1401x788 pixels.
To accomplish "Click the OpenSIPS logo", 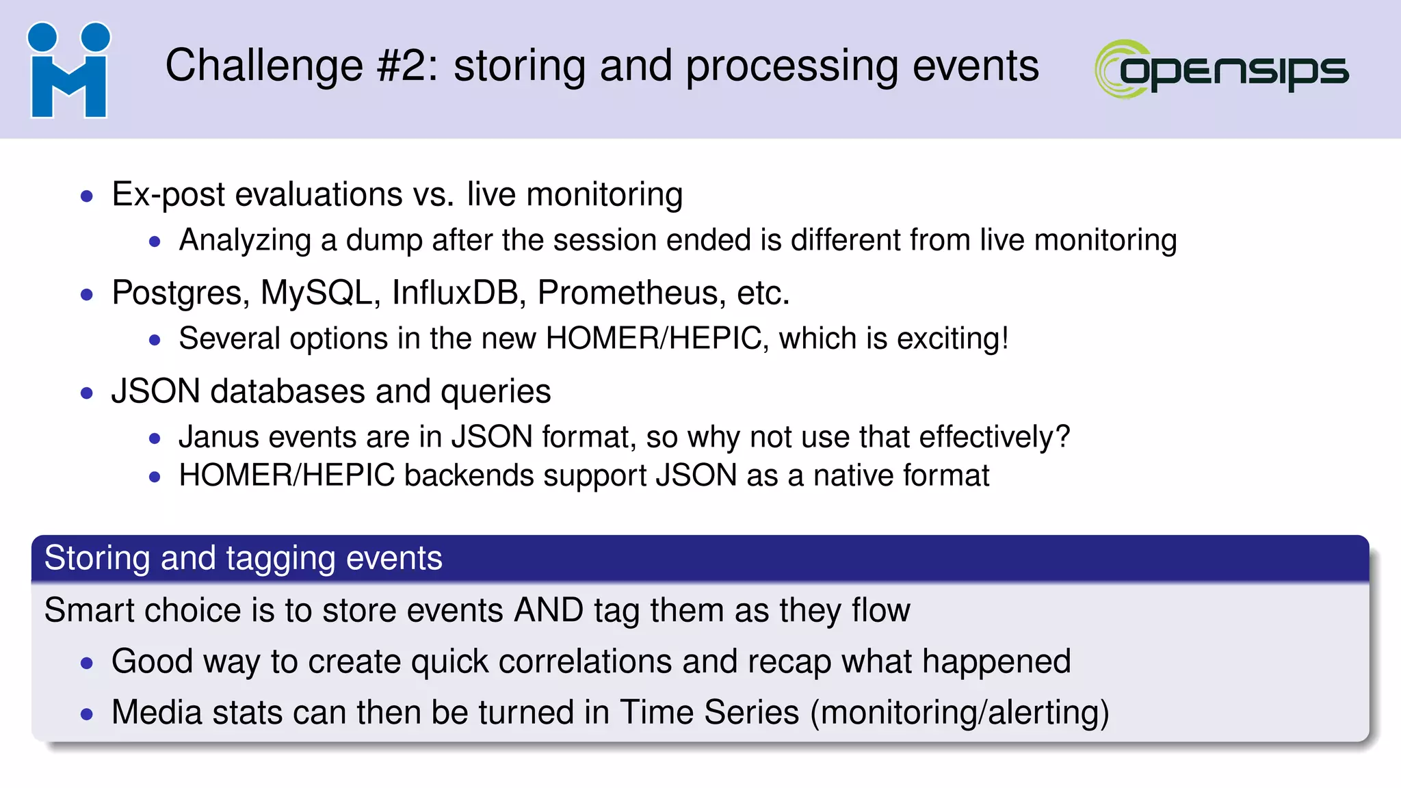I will click(1221, 69).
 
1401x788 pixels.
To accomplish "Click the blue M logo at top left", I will click(69, 70).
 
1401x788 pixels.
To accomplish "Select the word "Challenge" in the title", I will click(264, 66).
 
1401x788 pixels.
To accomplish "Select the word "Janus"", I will click(219, 437).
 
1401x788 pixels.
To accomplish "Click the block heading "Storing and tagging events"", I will click(244, 558).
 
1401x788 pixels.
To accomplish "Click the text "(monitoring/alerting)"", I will click(959, 713).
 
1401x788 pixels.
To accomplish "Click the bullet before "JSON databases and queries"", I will click(87, 393).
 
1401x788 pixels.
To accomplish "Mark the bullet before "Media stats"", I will click(87, 715).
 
